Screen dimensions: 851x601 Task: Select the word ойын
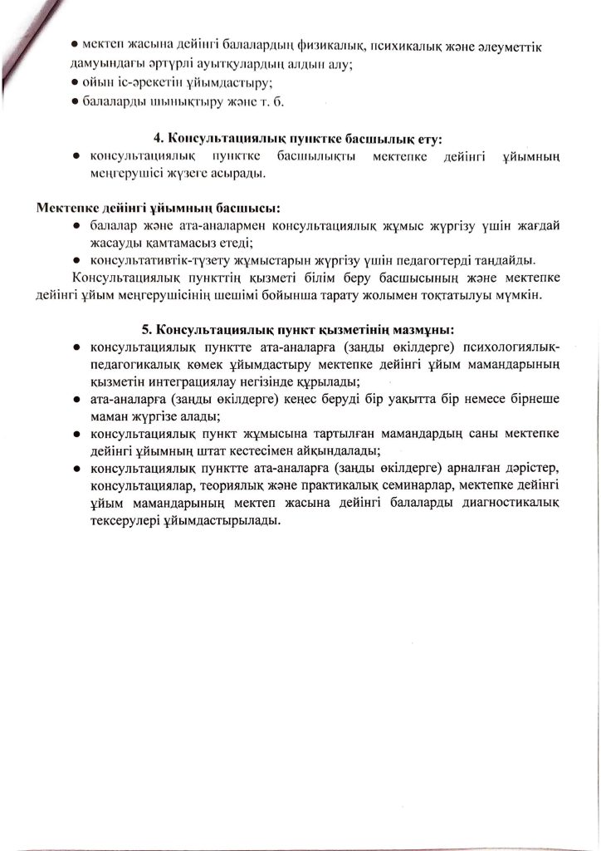click(x=100, y=81)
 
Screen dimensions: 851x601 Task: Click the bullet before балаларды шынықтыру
click(x=75, y=101)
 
